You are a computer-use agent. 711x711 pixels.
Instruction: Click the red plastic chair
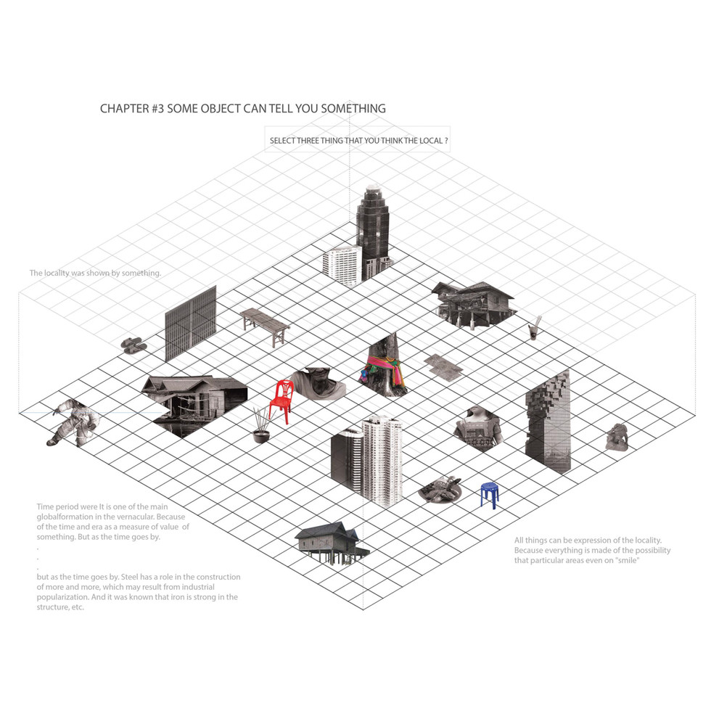tap(281, 402)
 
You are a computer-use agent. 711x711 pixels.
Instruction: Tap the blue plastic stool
tap(490, 495)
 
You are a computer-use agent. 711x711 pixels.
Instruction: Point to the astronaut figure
tap(73, 423)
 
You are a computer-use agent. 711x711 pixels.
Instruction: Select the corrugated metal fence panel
tap(190, 323)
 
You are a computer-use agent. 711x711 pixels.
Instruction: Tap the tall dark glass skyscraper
tap(372, 229)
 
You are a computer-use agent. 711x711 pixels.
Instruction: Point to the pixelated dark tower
tap(548, 422)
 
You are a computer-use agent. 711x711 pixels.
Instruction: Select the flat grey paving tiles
tap(443, 366)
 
